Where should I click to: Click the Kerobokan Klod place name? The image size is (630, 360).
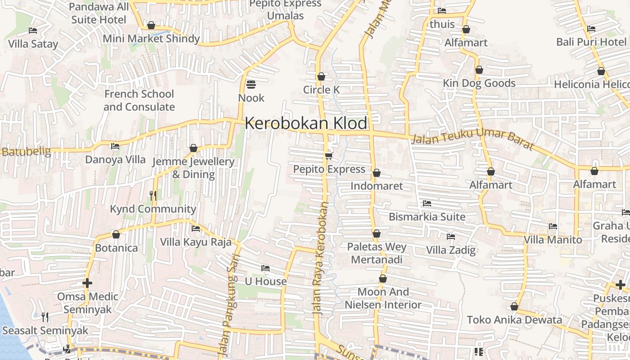(306, 123)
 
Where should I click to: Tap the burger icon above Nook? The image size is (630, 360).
(251, 84)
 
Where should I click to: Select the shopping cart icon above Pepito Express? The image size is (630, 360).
(329, 156)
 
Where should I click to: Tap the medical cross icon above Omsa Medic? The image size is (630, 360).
(87, 283)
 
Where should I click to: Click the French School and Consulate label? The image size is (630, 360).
(139, 100)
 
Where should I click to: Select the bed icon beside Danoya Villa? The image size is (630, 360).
(115, 146)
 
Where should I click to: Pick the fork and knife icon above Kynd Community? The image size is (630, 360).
(153, 195)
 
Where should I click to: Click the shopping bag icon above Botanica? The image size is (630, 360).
(116, 234)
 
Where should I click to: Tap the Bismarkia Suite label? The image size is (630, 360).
(427, 216)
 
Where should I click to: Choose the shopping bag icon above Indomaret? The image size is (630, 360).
(377, 173)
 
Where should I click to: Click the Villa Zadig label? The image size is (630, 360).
(451, 250)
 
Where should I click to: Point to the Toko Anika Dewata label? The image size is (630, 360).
(514, 320)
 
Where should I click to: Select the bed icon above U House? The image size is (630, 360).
(265, 268)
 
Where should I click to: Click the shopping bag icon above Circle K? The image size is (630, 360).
(321, 76)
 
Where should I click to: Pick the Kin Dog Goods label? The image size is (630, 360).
(479, 83)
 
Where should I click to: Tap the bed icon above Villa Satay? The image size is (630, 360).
(33, 31)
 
